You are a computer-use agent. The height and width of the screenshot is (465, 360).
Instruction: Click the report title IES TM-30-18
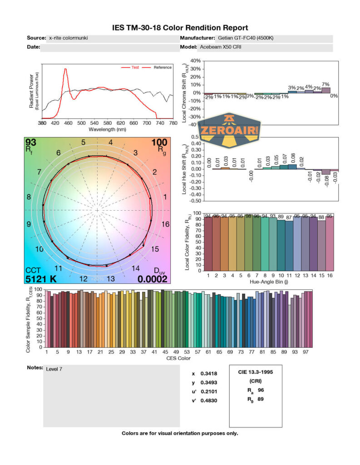click(x=180, y=28)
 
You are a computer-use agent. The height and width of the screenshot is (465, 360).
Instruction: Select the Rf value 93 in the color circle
click(x=31, y=143)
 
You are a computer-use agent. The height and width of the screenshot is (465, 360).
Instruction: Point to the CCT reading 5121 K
click(x=41, y=279)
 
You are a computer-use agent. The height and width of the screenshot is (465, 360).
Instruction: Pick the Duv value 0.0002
click(x=153, y=279)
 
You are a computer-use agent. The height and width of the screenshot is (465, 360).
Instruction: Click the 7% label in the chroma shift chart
click(x=326, y=85)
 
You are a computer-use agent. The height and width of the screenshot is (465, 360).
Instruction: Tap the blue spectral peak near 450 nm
click(x=66, y=69)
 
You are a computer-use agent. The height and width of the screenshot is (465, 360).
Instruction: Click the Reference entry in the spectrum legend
click(x=162, y=68)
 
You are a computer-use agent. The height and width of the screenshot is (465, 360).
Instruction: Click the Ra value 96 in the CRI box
click(x=260, y=390)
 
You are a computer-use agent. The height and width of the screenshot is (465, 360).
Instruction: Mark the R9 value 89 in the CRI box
click(x=260, y=399)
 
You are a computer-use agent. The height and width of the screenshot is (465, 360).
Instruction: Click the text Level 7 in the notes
click(x=54, y=369)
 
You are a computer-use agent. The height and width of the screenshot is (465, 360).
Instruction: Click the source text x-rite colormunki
click(x=68, y=38)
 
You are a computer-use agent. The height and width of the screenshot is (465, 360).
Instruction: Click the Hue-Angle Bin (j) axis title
click(x=267, y=282)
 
